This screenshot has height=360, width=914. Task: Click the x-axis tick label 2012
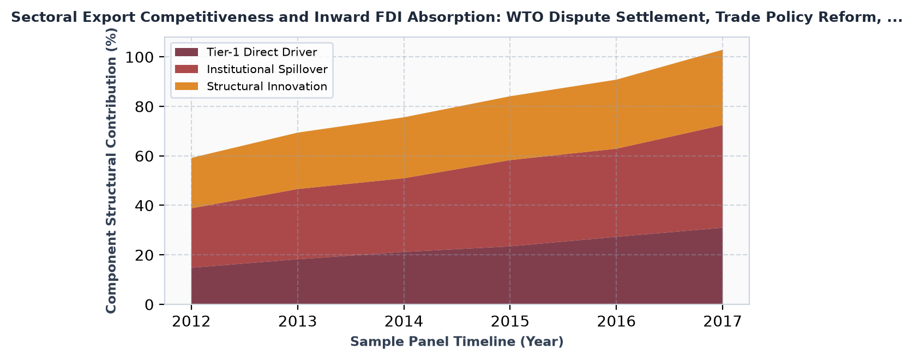pos(191,322)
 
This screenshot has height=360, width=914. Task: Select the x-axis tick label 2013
pos(297,322)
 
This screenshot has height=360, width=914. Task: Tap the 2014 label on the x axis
pos(404,322)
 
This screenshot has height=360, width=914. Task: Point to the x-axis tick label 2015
pos(510,322)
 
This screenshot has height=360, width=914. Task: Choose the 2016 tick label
pos(616,322)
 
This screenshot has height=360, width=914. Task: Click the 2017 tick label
pos(723,322)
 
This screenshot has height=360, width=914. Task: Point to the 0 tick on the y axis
pos(149,305)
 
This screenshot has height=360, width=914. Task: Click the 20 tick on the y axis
pos(145,255)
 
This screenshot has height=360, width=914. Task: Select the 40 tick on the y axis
pos(145,205)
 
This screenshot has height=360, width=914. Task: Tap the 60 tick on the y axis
pos(145,156)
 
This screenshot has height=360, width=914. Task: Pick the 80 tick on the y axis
pos(145,106)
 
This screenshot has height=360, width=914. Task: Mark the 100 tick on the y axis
pos(140,57)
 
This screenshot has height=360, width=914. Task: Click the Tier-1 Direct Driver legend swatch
pos(187,52)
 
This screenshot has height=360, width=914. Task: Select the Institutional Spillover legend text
pos(267,69)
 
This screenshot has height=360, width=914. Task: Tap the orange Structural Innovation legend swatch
pos(187,87)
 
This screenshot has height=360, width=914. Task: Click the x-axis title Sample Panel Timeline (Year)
pos(457,341)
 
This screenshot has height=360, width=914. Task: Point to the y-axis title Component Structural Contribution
pos(111,171)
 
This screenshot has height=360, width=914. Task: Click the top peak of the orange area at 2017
pos(723,50)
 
